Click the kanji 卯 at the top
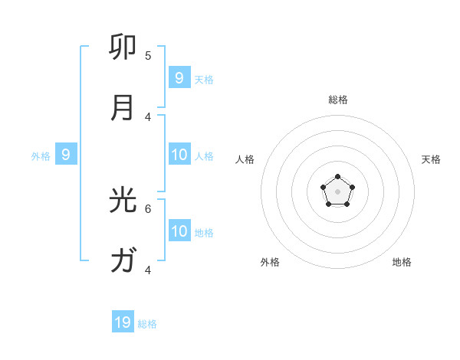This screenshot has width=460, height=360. coord(123,47)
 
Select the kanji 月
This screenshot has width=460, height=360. coord(123,108)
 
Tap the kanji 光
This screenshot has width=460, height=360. coord(123,200)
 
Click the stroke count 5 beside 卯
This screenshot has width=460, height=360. coord(148,55)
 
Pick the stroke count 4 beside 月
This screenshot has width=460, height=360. coord(148,116)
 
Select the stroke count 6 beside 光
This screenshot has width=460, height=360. coord(148,208)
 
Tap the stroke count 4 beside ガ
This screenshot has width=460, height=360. coord(148,270)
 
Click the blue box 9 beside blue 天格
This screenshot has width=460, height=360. coord(179,77)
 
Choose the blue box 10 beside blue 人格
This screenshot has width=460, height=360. coord(179,155)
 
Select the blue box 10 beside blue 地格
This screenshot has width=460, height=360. coord(179,231)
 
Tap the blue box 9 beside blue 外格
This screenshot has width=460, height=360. coord(66,155)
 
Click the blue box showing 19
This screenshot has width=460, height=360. coord(123,322)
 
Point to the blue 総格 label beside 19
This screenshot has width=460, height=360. coord(147,324)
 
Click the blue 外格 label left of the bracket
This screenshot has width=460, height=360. coord(41,156)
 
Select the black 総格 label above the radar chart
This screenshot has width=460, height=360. coord(338,100)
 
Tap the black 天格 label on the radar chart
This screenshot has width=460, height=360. coord(432,159)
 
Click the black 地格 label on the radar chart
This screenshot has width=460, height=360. coord(402,262)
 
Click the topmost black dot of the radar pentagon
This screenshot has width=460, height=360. coord(337,177)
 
